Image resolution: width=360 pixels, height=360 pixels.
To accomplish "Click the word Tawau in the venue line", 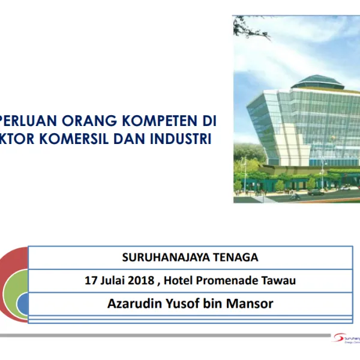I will (280, 280).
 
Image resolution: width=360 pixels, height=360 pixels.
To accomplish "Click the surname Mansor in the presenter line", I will (251, 304).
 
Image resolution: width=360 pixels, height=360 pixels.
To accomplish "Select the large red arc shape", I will (7, 270).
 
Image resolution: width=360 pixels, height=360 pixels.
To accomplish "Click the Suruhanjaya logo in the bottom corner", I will (345, 339).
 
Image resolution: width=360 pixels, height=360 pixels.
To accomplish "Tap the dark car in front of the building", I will (315, 193).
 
